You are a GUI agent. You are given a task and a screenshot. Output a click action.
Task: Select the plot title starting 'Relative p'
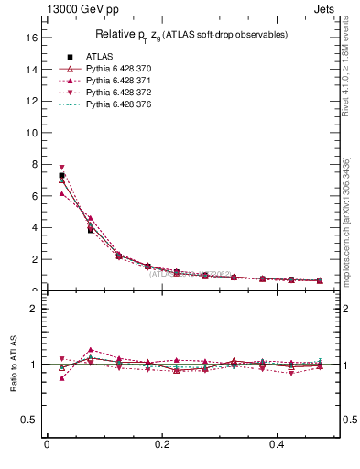click(191, 35)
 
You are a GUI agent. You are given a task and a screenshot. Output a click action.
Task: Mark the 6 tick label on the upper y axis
click(33, 196)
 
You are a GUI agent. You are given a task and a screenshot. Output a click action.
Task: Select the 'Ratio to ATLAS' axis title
click(13, 364)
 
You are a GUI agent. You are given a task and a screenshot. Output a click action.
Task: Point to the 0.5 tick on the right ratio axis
click(347, 420)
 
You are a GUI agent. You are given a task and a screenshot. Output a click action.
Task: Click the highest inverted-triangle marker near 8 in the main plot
click(61, 168)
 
